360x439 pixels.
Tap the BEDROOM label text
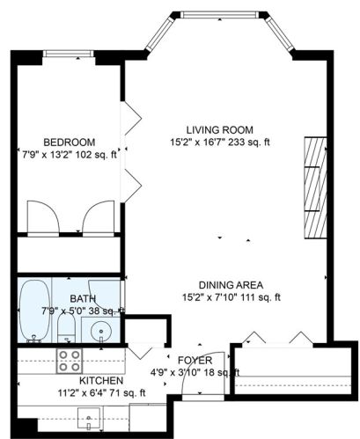click(70, 142)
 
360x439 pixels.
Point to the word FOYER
click(193, 361)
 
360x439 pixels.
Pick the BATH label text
click(70, 298)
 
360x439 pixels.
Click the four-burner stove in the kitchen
click(70, 360)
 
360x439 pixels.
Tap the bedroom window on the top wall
click(69, 54)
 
